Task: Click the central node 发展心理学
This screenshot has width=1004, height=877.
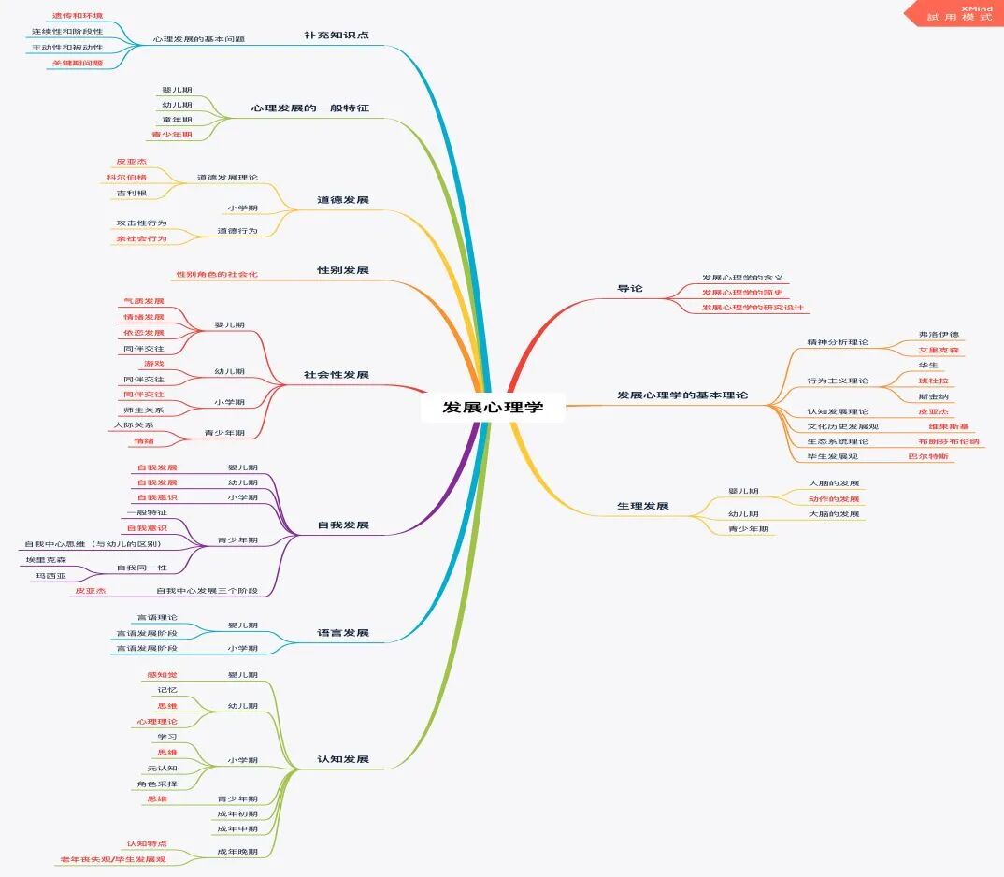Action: [492, 407]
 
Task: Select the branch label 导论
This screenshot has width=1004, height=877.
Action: [630, 288]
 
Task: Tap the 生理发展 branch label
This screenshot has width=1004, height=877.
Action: [643, 506]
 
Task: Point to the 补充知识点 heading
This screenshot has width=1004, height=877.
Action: [336, 35]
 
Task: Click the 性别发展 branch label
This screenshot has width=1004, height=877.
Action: [342, 270]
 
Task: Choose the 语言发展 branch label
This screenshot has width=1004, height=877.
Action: [342, 633]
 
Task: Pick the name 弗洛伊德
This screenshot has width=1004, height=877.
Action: [939, 334]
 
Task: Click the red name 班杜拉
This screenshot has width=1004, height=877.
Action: [934, 381]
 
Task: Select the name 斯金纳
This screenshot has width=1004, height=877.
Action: [934, 396]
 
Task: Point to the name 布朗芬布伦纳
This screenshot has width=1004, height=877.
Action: [949, 441]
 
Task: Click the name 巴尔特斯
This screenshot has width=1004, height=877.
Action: [928, 456]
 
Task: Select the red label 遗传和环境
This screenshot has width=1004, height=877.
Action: [77, 16]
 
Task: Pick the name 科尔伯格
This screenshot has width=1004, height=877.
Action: [125, 177]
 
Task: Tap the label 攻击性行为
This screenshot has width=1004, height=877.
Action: [141, 223]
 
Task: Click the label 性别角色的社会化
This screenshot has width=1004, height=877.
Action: [216, 274]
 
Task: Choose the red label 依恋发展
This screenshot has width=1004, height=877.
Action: [143, 332]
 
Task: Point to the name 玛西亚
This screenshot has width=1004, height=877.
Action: [50, 576]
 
